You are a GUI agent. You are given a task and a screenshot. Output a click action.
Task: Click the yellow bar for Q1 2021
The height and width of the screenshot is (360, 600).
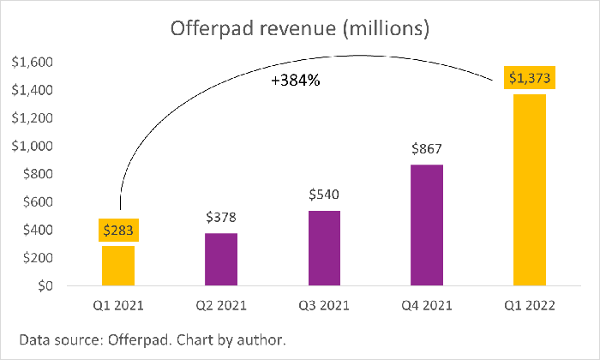point(118,266)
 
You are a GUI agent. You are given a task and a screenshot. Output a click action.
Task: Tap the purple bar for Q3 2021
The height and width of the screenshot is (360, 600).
point(323,248)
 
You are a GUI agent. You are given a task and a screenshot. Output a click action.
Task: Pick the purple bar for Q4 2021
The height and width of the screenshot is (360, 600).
point(426,225)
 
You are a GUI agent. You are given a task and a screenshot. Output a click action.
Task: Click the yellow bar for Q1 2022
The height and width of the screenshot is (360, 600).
point(529,189)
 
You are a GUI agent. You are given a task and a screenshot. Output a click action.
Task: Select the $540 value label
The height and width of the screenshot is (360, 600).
point(323,195)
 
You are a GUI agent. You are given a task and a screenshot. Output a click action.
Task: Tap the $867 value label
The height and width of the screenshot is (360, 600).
point(426,148)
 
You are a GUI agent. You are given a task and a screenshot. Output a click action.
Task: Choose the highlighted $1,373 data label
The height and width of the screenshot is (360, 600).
point(529,79)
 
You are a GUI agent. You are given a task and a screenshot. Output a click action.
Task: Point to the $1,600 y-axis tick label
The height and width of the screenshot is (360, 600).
point(30,63)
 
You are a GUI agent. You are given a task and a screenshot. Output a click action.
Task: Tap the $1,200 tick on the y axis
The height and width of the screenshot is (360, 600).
point(30,118)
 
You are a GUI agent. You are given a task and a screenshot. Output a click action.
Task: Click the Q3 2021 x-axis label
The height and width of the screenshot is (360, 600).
point(323,305)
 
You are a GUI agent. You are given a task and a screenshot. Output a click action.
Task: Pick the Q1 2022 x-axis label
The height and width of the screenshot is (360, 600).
point(529,305)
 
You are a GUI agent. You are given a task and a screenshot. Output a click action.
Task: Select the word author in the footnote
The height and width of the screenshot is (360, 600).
point(258,340)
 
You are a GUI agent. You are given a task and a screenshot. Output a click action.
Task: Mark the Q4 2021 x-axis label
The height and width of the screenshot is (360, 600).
point(426,305)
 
